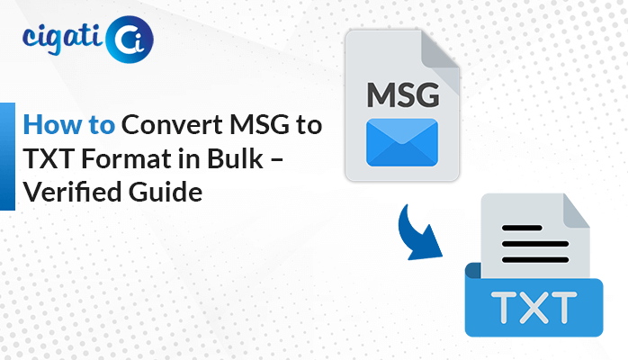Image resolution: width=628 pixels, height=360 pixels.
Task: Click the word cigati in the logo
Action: click(61, 40)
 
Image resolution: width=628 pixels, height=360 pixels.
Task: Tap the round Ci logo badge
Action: click(130, 40)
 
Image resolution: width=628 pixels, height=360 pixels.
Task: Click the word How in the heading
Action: click(52, 124)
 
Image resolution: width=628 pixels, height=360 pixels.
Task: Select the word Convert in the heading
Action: click(172, 124)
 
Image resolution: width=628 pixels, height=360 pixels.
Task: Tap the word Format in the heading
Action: click(127, 158)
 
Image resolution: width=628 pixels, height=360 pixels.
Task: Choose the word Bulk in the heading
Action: click(235, 157)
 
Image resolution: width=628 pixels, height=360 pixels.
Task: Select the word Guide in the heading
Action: click(166, 192)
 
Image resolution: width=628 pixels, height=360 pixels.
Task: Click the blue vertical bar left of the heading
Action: click(7, 157)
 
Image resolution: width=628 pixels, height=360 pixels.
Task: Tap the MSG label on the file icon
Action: click(403, 94)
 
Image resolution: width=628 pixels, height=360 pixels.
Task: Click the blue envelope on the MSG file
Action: click(402, 142)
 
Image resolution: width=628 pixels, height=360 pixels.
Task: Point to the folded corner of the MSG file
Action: click(440, 50)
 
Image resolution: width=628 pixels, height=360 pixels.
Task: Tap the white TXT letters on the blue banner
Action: click(534, 307)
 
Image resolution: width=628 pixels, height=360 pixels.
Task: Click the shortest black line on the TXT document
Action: click(522, 228)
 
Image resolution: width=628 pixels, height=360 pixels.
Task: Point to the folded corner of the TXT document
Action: click(576, 211)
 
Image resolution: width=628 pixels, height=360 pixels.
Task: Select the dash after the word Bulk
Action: click(277, 160)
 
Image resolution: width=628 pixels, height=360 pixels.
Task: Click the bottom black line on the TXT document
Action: click(535, 260)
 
